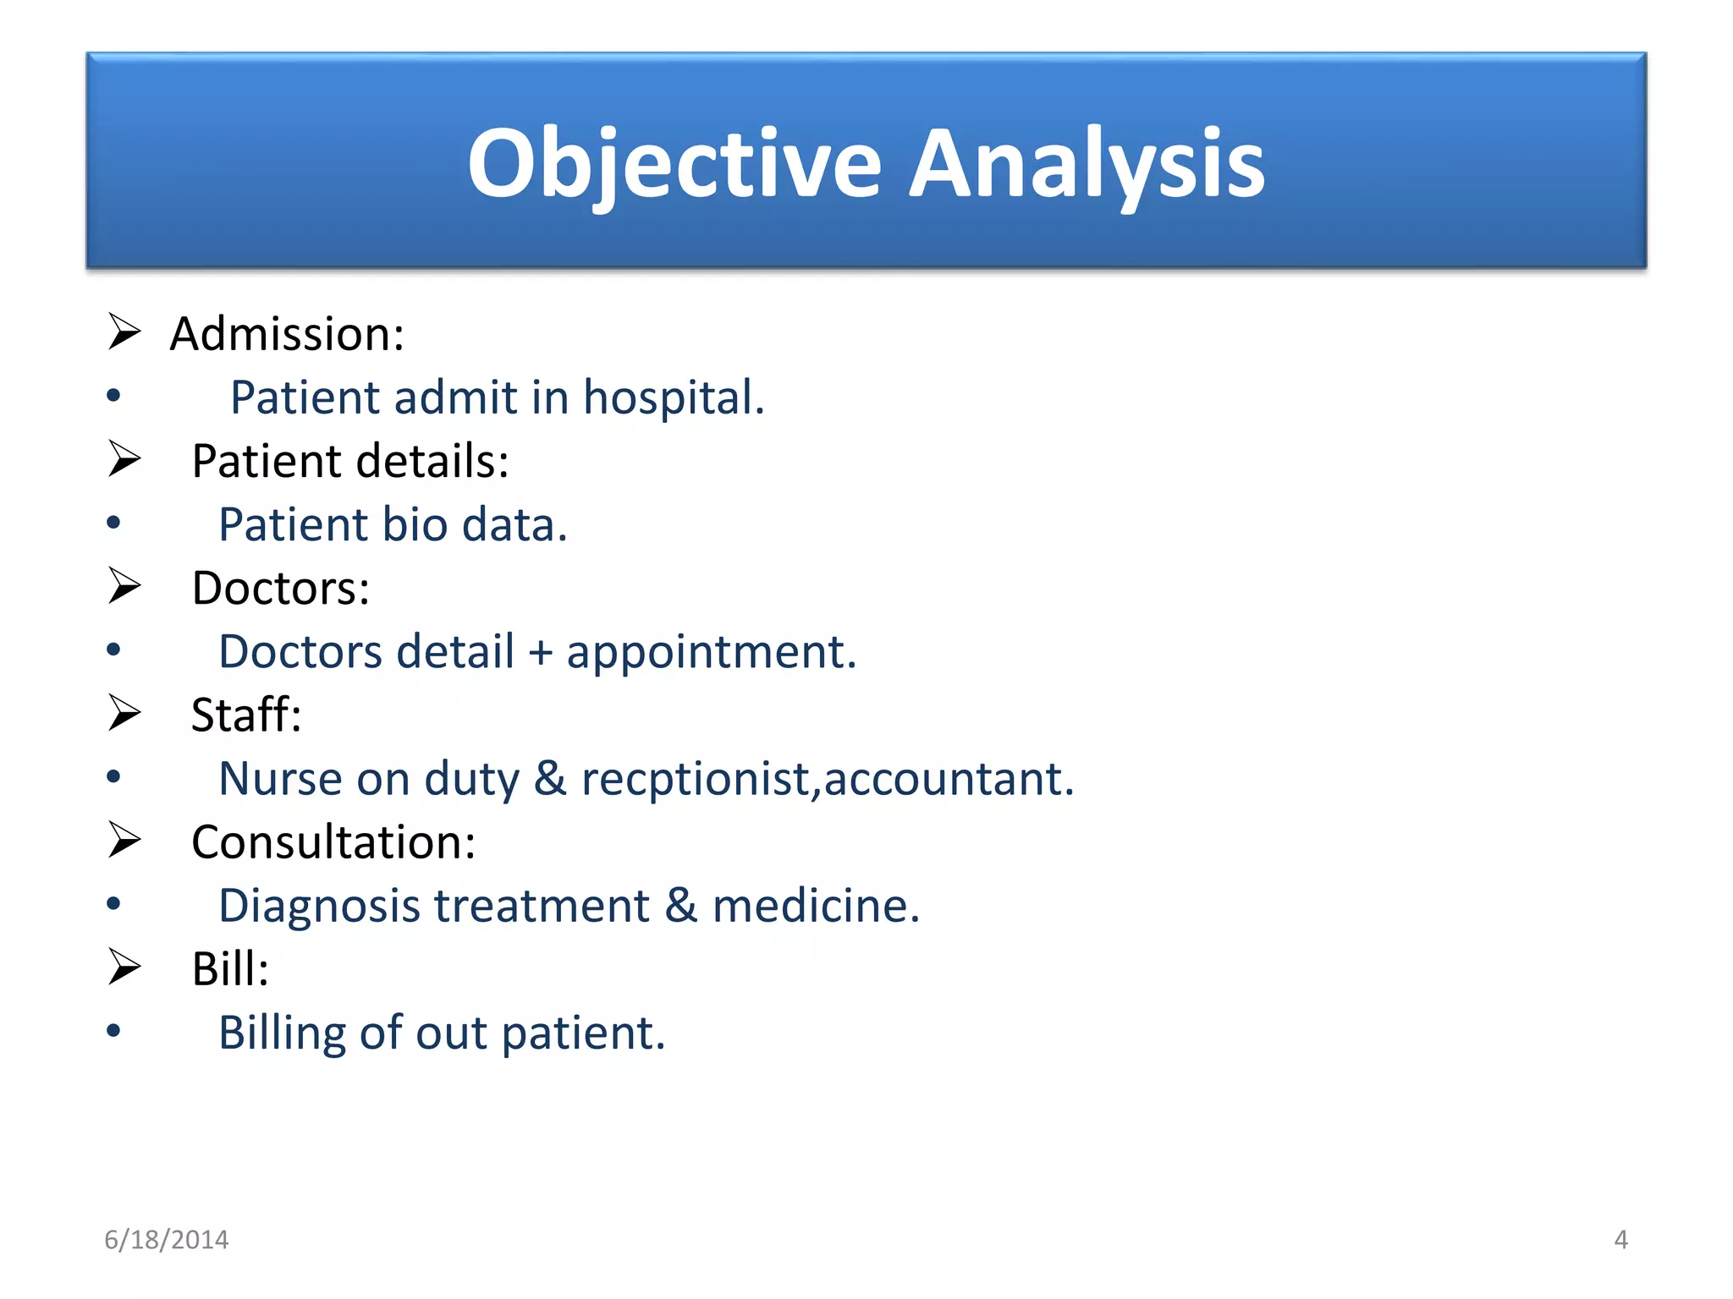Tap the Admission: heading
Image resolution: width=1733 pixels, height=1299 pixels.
pos(287,334)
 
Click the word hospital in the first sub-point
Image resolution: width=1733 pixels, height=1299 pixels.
pos(673,397)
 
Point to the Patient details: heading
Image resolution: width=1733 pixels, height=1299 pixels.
pos(350,462)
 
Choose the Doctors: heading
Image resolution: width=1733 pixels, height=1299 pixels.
pos(281,589)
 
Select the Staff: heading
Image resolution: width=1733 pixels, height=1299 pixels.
pos(246,715)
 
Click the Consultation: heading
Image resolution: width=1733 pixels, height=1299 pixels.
pos(333,842)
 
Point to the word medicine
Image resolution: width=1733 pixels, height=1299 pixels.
pos(815,907)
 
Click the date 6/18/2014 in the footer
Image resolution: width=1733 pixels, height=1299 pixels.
pos(167,1240)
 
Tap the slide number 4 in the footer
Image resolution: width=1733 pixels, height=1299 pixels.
pos(1620,1240)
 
